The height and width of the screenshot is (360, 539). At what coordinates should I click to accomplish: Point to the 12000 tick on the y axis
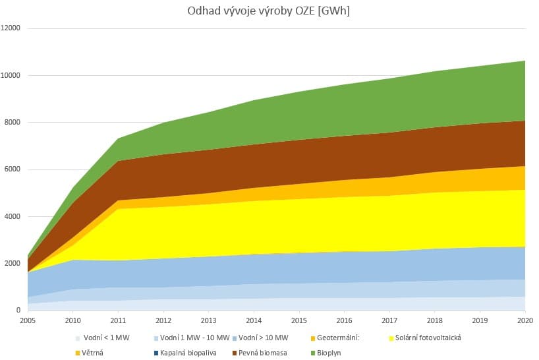tap(11, 28)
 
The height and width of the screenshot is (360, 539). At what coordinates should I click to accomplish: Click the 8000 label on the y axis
tap(13, 123)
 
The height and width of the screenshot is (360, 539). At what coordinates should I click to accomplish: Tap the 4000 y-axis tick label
tap(13, 216)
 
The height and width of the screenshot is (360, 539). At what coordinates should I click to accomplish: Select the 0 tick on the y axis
tap(19, 311)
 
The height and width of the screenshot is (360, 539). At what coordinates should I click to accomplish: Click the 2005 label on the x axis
tap(28, 320)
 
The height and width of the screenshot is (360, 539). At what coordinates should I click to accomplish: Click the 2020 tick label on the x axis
tap(525, 320)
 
